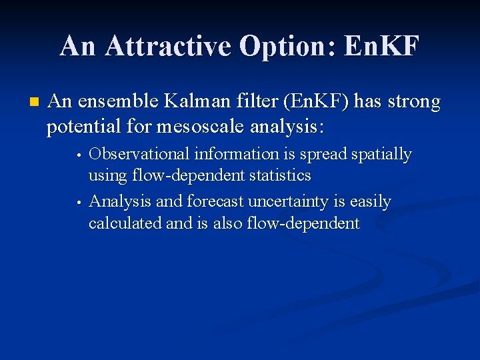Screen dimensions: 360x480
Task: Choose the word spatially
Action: tap(381, 155)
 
